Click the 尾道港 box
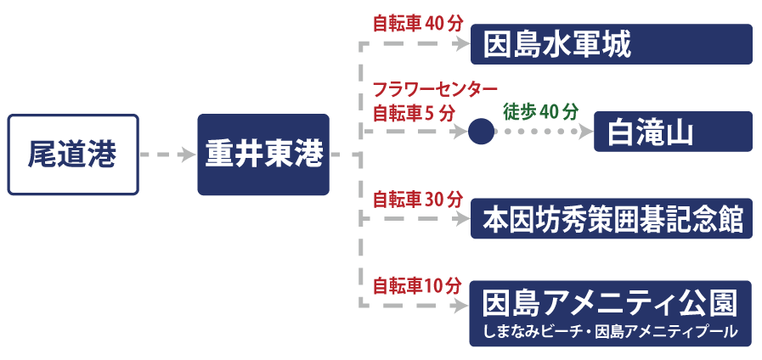(72, 155)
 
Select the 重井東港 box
(263, 155)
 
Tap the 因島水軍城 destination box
(612, 44)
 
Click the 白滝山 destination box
(673, 132)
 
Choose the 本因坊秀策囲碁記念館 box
(612, 219)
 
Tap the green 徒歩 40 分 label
(540, 111)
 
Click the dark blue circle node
(481, 132)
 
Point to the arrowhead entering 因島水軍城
(461, 45)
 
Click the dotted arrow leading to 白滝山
(544, 132)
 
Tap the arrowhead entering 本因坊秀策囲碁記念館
(461, 219)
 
